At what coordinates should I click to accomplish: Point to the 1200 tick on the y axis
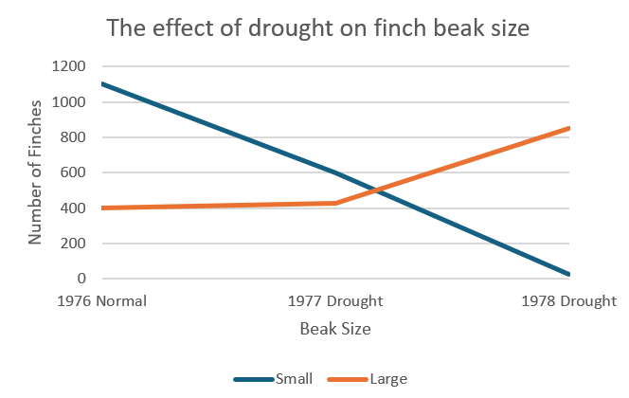tap(70, 66)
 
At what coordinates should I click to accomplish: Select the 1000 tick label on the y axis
tap(70, 102)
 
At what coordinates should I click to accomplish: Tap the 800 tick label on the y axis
tap(74, 137)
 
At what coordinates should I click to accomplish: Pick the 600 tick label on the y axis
tap(74, 172)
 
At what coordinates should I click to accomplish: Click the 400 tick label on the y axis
tap(74, 208)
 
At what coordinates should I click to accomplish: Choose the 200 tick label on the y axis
tap(74, 244)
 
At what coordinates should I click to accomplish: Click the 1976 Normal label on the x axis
tap(100, 302)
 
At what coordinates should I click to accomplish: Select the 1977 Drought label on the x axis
tap(335, 302)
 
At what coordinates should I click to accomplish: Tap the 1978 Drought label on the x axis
tap(568, 302)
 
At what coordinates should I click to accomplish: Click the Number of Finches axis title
tap(35, 172)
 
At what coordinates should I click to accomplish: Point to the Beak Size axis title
tap(335, 330)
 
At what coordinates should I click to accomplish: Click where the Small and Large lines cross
tap(372, 190)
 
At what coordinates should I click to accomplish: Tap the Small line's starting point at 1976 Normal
tap(100, 83)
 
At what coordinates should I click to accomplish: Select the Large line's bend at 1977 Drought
tap(335, 203)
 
